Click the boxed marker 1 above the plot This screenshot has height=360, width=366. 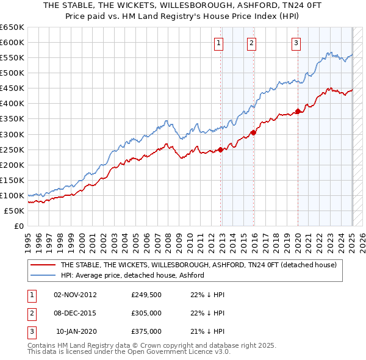[x=218, y=43]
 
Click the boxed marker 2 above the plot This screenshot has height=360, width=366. [x=251, y=43]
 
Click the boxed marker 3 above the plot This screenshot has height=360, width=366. [x=295, y=43]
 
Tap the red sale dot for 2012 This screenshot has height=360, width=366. [x=221, y=149]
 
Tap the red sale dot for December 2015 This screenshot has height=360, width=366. [x=254, y=132]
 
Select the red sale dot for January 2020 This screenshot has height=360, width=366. [x=298, y=111]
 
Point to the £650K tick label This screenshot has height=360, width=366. [x=12, y=27]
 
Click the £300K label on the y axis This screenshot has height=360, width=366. [x=12, y=134]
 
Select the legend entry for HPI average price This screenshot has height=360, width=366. [x=132, y=275]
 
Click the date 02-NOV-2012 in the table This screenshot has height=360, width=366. [x=76, y=295]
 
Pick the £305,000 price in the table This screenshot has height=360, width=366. [x=146, y=313]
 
